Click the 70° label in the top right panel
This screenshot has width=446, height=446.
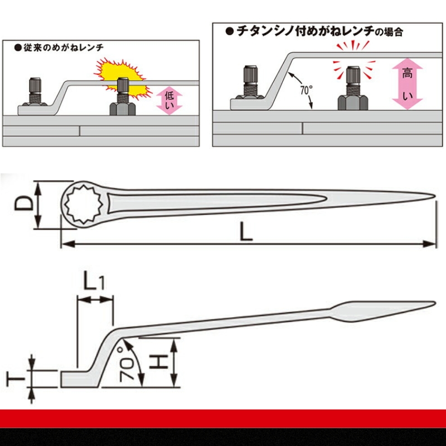(306, 90)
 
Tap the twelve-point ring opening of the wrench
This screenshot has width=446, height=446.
(81, 205)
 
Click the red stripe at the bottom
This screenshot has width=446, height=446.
(223, 419)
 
